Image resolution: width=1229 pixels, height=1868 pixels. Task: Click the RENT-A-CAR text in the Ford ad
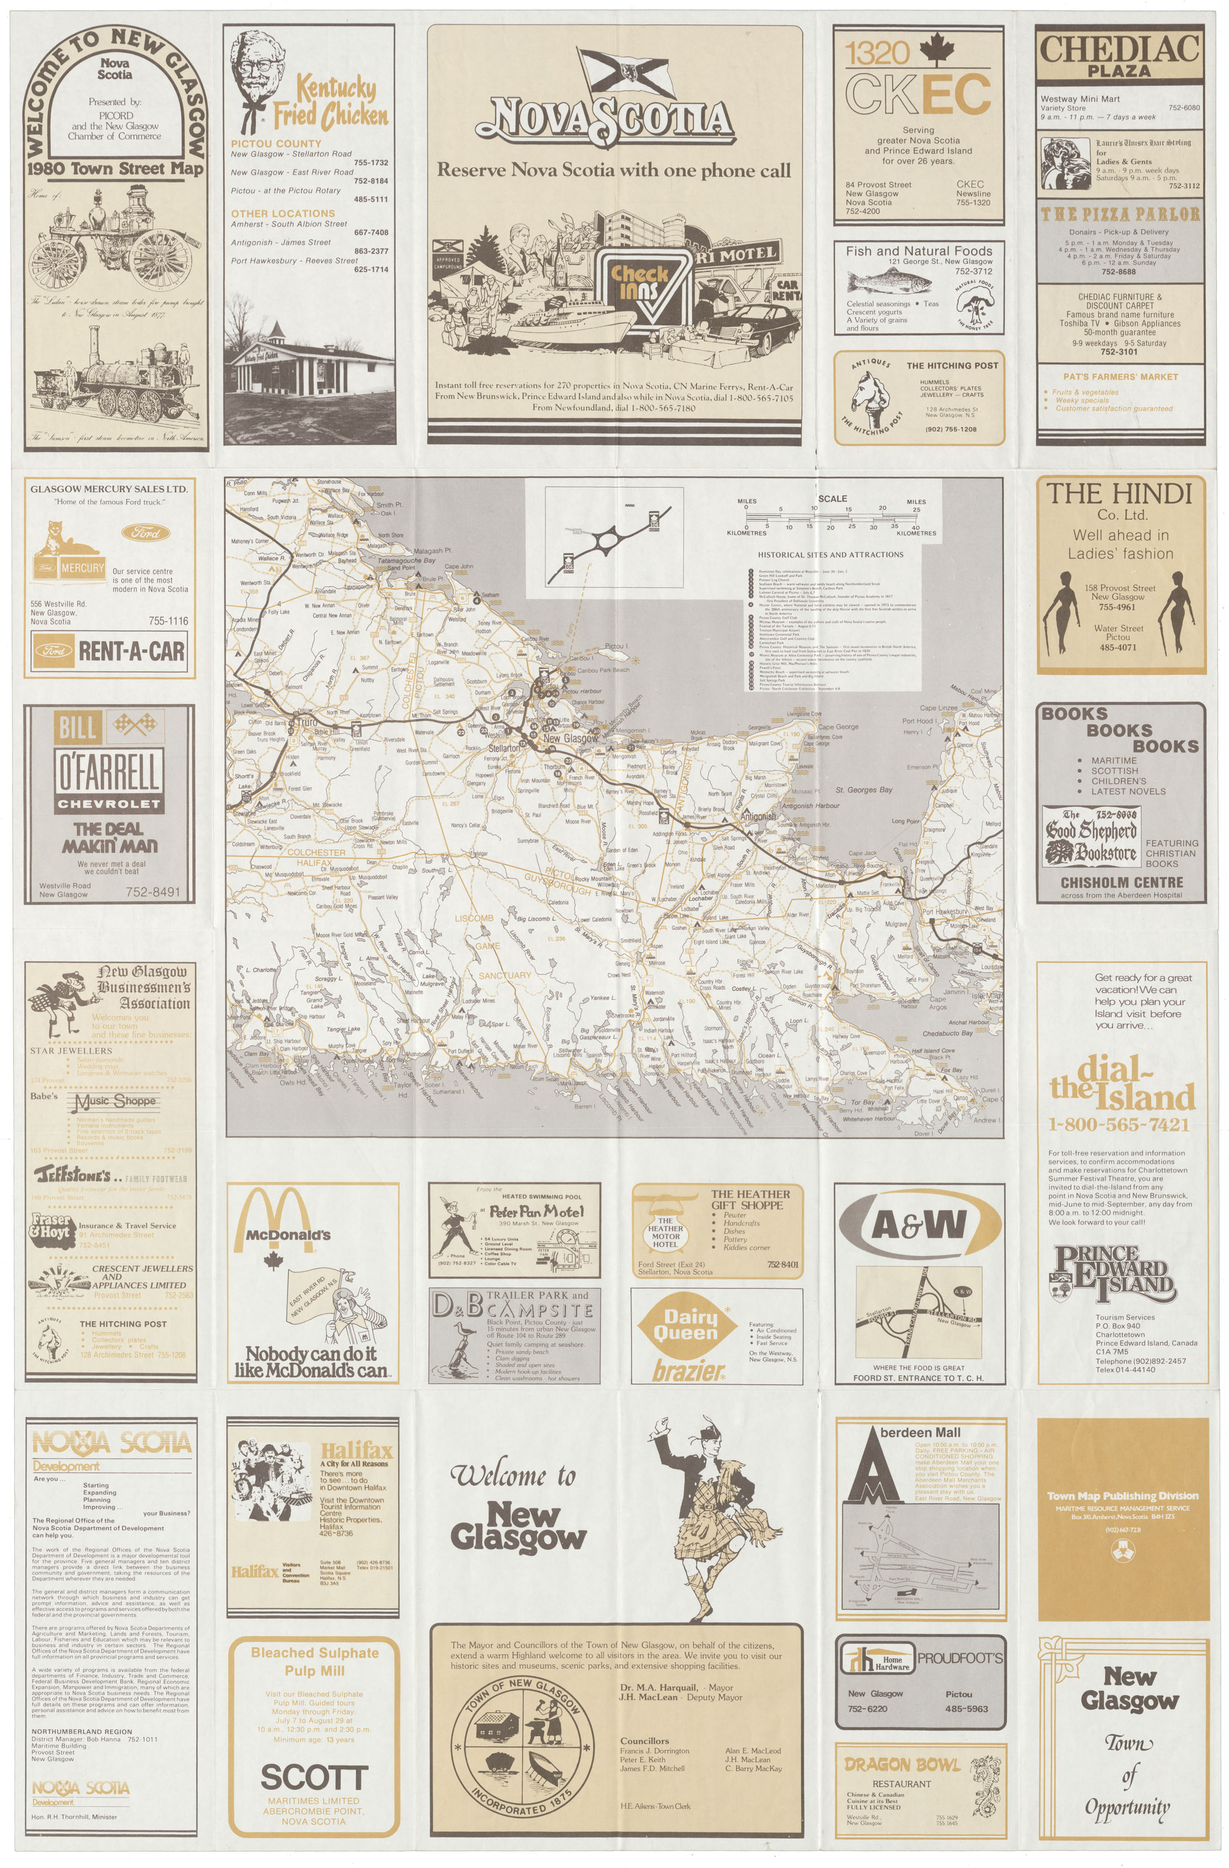click(131, 651)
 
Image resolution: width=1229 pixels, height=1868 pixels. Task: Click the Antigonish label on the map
click(758, 816)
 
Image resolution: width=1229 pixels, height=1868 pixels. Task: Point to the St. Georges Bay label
click(863, 790)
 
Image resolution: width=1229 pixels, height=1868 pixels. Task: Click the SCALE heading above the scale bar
click(832, 498)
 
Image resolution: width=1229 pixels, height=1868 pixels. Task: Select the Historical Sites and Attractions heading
click(830, 554)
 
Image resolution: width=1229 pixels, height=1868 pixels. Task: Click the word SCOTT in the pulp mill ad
click(314, 1778)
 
